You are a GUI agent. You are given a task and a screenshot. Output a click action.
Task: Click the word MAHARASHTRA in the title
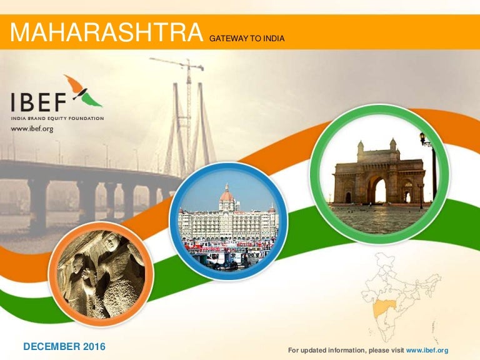tap(106, 32)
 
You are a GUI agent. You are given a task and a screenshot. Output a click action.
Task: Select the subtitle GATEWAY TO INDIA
tap(247, 39)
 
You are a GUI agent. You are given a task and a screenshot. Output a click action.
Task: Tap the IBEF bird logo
tap(83, 91)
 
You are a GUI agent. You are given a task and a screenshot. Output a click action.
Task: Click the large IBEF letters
tap(39, 102)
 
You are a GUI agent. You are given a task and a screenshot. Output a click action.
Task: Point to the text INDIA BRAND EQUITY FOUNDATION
tap(57, 119)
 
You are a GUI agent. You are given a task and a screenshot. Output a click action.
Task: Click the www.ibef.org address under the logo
tap(32, 129)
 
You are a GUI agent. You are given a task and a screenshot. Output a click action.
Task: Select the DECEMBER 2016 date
tap(64, 346)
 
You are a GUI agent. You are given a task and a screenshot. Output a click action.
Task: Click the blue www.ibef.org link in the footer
tap(427, 350)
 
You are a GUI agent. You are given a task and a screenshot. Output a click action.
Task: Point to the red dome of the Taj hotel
tap(227, 195)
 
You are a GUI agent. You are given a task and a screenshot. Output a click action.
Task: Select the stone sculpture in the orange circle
tap(101, 273)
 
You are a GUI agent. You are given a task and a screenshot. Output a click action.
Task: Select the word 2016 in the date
tap(94, 346)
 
